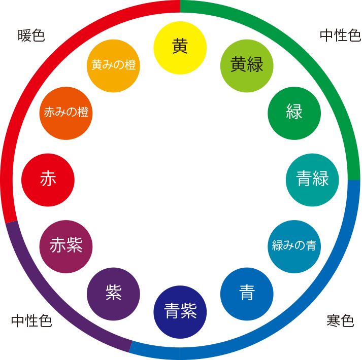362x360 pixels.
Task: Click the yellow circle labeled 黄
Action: coord(180,47)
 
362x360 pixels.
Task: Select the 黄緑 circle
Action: coord(247,65)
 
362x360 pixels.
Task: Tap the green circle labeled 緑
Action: coord(294,113)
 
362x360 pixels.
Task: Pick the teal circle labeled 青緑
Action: coord(312,179)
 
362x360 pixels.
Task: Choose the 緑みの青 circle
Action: coord(294,246)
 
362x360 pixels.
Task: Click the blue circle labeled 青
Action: coord(247,294)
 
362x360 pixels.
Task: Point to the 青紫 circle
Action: coord(180,312)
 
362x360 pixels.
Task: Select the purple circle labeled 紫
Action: coord(113,294)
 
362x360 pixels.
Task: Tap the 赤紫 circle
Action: coord(66,246)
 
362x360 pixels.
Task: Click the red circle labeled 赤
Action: coord(48,179)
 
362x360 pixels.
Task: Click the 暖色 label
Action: coord(31,35)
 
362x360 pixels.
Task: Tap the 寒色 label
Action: coord(340,321)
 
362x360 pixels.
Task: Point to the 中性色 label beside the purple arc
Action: coord(31,321)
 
